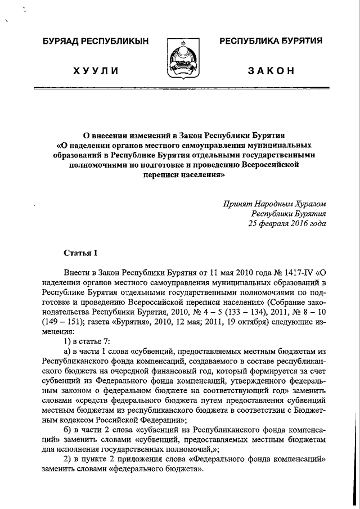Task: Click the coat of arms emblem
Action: click(180, 58)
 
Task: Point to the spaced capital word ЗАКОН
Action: click(271, 70)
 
